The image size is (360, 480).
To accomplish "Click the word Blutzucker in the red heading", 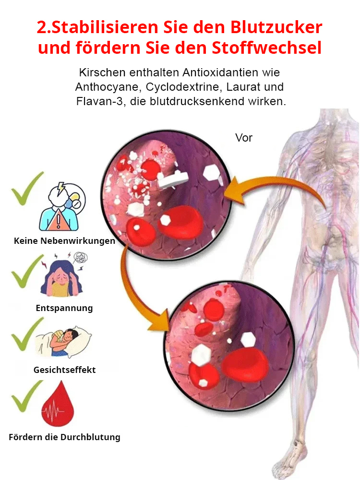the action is (276, 27).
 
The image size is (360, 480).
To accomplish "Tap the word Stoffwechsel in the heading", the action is (266, 48).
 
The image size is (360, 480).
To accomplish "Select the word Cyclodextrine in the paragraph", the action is (183, 87).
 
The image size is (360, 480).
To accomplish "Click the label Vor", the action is (244, 138).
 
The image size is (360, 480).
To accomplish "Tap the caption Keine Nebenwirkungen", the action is (65, 241).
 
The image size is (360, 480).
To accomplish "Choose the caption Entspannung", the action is (64, 308).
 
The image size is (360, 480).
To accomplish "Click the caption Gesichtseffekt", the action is (65, 370).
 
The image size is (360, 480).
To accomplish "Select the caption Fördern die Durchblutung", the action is (65, 437).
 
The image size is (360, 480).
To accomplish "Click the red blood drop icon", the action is (58, 404).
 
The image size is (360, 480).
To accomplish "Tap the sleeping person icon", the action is (63, 342).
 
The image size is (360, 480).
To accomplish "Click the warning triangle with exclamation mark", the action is (58, 220).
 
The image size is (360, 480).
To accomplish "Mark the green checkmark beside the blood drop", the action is (27, 396).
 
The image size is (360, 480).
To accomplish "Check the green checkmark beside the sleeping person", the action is (27, 334).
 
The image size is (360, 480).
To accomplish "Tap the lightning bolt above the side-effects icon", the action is (61, 187).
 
